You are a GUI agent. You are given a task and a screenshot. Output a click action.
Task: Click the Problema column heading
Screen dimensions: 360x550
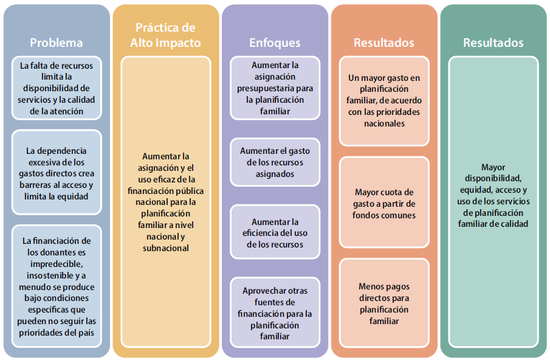point(57,43)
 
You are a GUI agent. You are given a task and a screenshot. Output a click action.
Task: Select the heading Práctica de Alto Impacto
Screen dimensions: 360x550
point(165,35)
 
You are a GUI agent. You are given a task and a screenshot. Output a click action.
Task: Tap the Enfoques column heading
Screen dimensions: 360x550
point(275,43)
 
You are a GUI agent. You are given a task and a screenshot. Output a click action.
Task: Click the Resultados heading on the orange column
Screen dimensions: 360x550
point(384,43)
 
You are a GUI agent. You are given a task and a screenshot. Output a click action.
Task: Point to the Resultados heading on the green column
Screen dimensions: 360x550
point(493,43)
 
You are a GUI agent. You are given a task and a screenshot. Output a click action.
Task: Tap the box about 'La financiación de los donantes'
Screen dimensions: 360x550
point(57,286)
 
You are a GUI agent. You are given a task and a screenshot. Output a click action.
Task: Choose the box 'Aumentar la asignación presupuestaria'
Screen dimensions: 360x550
point(275,88)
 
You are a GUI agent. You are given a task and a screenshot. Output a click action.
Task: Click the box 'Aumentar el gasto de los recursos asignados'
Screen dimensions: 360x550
point(275,162)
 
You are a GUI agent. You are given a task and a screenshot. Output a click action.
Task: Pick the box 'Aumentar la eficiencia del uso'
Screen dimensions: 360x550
point(275,233)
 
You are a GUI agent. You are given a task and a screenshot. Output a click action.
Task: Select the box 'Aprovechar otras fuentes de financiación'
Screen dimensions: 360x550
point(275,313)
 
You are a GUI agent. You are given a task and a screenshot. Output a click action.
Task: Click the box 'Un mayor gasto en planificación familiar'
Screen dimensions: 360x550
point(384,101)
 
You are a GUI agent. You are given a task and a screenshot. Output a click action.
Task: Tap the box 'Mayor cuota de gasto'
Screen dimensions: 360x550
point(384,203)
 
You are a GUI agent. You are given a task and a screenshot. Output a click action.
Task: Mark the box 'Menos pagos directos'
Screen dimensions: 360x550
point(384,303)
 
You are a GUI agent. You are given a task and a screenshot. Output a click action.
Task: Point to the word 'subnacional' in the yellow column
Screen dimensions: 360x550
point(165,247)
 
